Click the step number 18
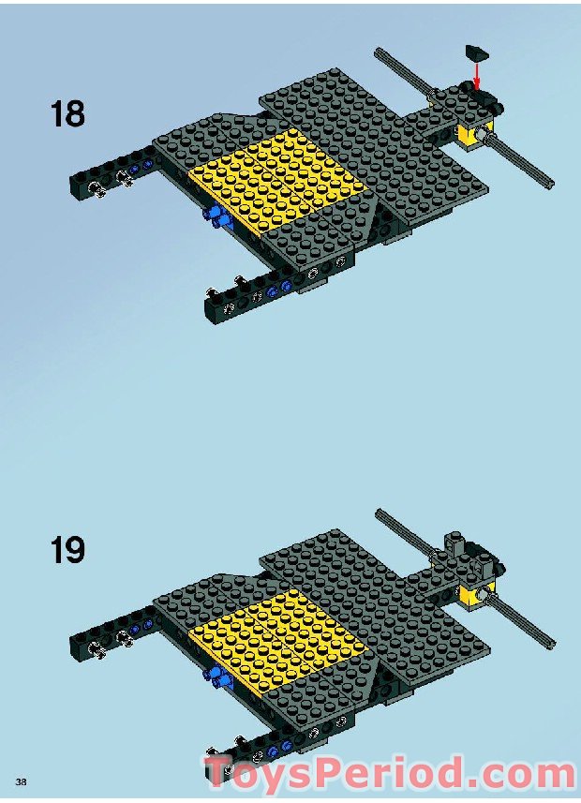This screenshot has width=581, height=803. point(67,113)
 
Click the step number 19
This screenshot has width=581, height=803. point(67,550)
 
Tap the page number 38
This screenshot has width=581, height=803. point(21,781)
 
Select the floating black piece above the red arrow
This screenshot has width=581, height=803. point(476,52)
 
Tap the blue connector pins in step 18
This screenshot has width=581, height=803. point(217,217)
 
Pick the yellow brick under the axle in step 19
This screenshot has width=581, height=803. point(474,593)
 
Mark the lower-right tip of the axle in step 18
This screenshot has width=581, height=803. point(551,184)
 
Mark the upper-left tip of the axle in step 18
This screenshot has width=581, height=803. point(378,51)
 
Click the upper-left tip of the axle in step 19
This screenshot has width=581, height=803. point(378,511)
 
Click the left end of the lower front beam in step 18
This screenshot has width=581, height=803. point(209,309)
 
